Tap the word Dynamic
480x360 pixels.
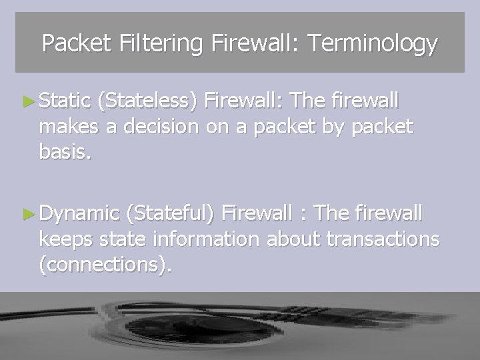click(x=79, y=213)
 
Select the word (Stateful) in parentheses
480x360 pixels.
click(x=171, y=213)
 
